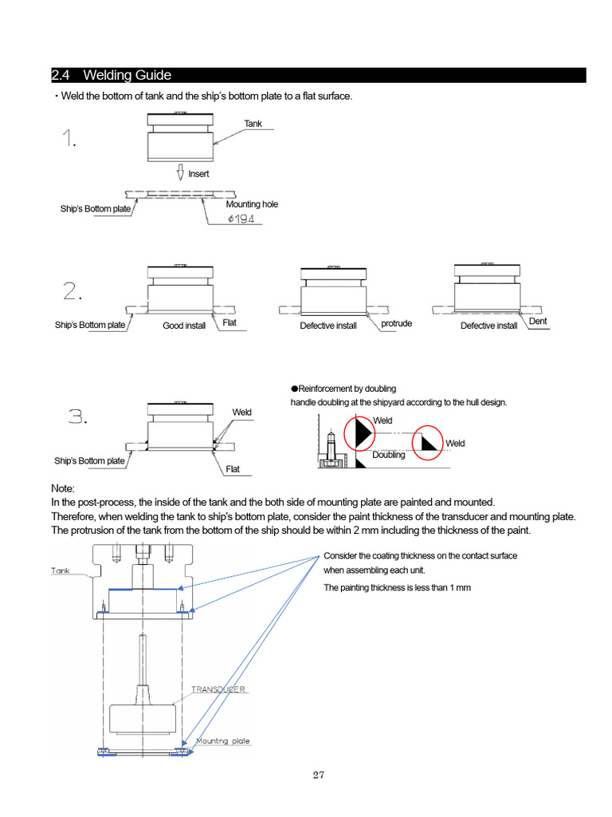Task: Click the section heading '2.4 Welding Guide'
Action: point(112,76)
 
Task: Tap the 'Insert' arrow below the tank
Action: point(181,172)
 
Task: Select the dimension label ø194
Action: point(241,219)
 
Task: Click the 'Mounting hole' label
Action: point(252,204)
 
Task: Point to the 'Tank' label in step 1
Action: point(253,124)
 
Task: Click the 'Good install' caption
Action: point(184,326)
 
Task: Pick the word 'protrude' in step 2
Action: point(396,323)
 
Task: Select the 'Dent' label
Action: point(538,322)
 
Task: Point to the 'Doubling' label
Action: point(389,455)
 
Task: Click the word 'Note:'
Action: point(64,487)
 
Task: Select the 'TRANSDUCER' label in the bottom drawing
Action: point(217,689)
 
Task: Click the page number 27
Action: point(319,774)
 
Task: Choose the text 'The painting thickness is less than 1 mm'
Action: point(397,587)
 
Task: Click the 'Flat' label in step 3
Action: point(233,469)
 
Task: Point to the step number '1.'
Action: point(70,141)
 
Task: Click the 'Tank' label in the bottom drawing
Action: point(62,570)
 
